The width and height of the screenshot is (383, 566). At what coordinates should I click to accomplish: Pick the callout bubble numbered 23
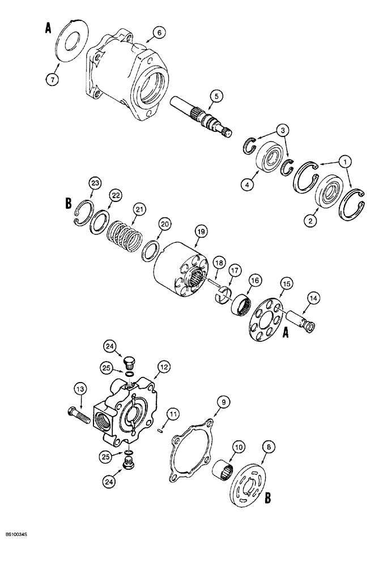pos(95,183)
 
